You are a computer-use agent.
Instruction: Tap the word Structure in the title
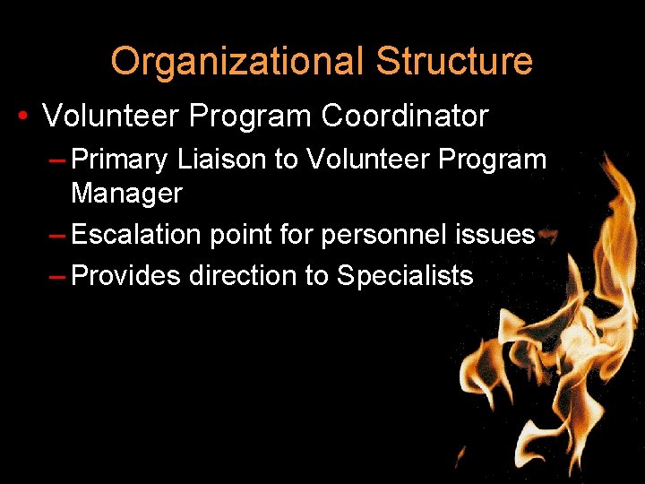point(454,62)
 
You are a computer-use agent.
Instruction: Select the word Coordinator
point(405,116)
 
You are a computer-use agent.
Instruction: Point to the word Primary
point(119,160)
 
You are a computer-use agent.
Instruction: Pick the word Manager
point(126,192)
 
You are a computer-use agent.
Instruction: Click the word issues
point(494,236)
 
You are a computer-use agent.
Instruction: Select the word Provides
point(125,275)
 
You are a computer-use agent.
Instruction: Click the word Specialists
point(405,275)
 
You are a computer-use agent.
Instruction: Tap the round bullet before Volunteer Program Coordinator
point(22,117)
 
